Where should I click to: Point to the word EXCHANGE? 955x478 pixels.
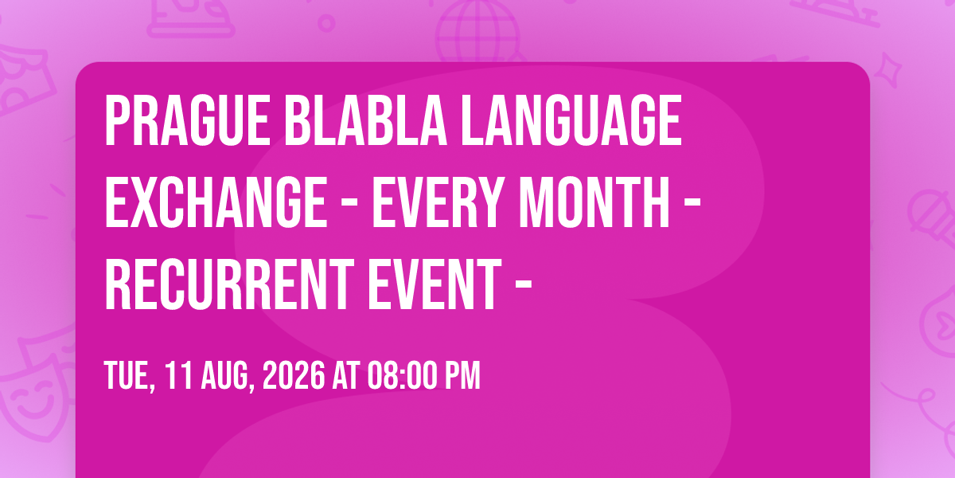(216, 202)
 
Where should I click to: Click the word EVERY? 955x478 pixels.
(438, 202)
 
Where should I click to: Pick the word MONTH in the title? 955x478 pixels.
(594, 202)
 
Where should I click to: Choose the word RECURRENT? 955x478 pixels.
(229, 284)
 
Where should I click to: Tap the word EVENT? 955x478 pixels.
(435, 284)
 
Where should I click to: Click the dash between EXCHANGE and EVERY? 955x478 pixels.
(350, 206)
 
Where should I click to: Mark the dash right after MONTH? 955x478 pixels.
(692, 206)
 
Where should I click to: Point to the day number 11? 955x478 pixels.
(178, 375)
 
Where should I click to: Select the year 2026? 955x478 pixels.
(294, 375)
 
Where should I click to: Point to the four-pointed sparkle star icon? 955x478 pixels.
(888, 69)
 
